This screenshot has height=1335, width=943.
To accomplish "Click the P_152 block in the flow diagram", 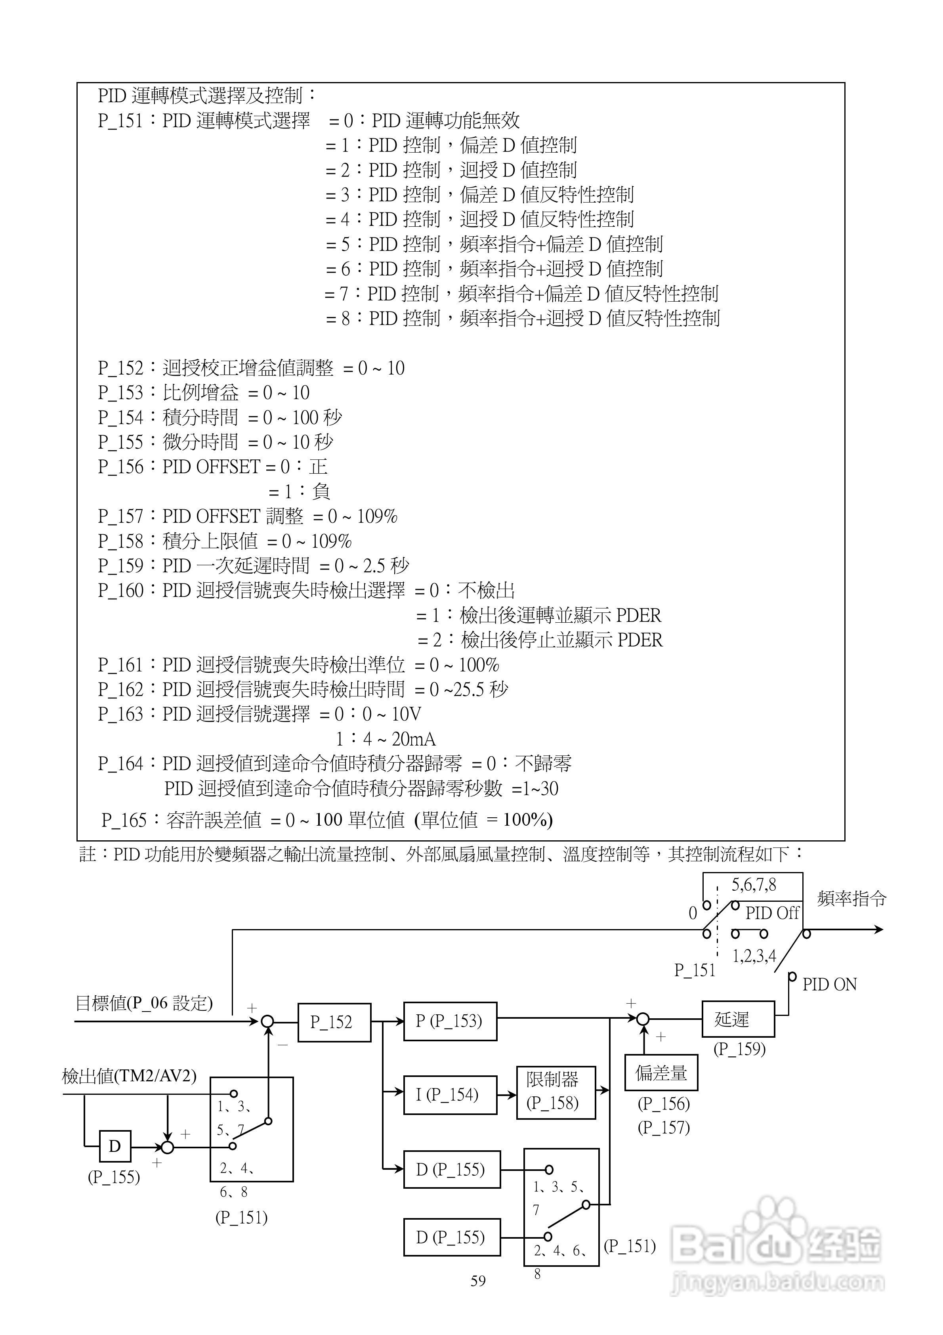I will click(x=334, y=1022).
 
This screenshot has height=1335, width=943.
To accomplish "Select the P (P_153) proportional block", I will click(x=449, y=1021).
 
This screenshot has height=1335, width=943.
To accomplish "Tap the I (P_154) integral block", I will click(x=449, y=1095).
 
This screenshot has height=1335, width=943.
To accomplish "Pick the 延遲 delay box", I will click(x=737, y=1019).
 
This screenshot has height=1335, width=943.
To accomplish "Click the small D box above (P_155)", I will click(x=115, y=1146).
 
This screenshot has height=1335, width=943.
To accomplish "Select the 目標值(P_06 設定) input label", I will click(x=145, y=1003).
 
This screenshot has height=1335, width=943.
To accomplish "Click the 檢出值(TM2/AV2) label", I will click(x=129, y=1076).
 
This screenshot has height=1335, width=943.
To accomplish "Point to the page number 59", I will click(x=478, y=1281).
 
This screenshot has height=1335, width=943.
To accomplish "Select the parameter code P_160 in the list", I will click(x=120, y=591).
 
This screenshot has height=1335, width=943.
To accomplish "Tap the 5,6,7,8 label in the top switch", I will click(x=754, y=886).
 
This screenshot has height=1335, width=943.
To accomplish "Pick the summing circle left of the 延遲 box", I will click(x=643, y=1019).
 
